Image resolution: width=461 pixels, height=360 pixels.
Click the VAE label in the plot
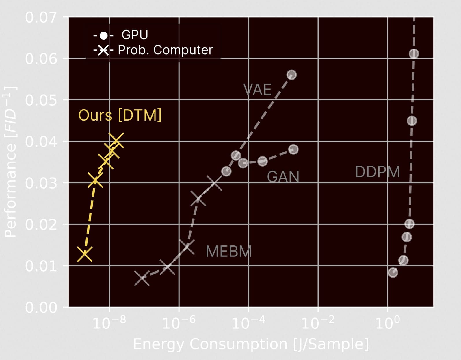pos(257,90)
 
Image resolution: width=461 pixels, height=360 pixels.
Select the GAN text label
pos(283,177)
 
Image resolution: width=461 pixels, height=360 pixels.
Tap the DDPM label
pos(377,172)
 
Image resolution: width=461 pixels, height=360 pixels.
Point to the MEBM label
pos(228,252)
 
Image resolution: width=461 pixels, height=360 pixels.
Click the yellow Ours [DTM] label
pos(120,115)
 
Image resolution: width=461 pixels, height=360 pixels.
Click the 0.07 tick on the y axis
pos(41,17)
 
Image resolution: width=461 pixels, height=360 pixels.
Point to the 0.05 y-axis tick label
pos(41,100)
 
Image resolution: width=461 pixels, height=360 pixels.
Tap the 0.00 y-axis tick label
pos(41,307)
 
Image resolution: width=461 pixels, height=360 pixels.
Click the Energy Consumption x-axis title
pos(251,344)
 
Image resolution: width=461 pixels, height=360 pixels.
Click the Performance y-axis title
pos(10,162)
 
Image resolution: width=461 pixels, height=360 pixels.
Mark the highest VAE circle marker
pos(291,75)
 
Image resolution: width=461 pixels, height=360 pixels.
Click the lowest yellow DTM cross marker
pos(85,254)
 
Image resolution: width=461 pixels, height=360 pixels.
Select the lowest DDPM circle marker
pos(393,272)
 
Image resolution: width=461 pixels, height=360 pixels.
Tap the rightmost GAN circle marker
pos(293,149)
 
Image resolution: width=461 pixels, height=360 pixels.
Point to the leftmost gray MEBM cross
pos(142,278)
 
